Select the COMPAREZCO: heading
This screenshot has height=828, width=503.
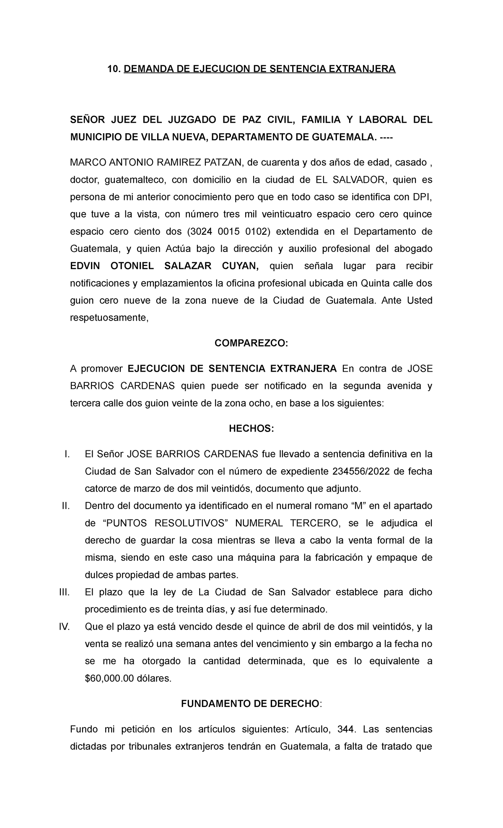[x=251, y=343]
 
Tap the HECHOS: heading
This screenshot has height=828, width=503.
[x=251, y=429]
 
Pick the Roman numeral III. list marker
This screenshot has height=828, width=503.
[x=64, y=592]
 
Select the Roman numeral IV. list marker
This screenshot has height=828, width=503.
[x=64, y=627]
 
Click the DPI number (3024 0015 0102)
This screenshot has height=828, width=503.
[x=228, y=232]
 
